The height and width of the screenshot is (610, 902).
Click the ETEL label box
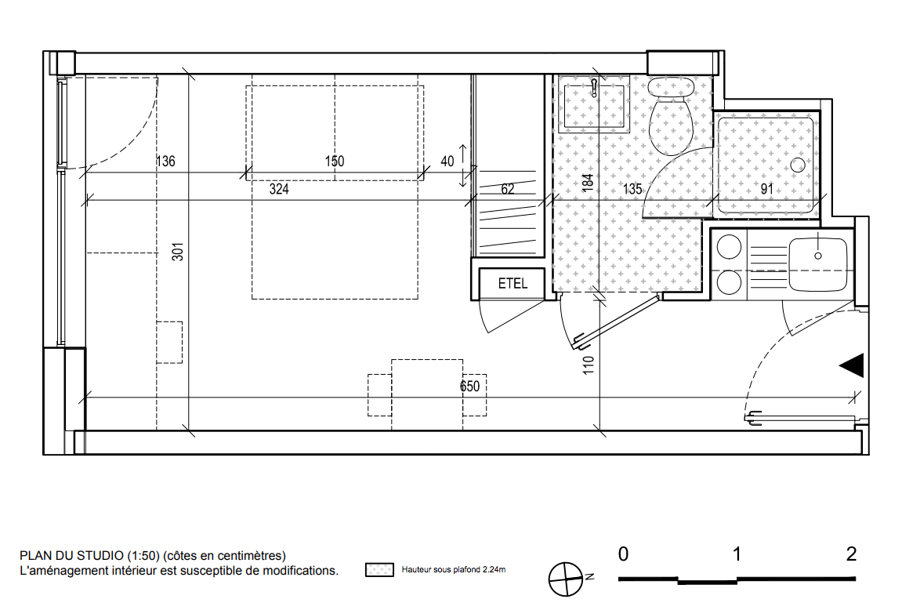click(512, 283)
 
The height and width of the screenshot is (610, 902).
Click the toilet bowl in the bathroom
click(670, 126)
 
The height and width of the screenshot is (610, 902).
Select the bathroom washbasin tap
click(594, 88)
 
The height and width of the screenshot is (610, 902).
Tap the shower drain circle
click(797, 165)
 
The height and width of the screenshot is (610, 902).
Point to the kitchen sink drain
click(818, 256)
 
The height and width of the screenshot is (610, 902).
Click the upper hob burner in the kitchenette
click(729, 248)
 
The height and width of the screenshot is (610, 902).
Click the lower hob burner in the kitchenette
click(729, 282)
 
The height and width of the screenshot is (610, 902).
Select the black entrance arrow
click(852, 365)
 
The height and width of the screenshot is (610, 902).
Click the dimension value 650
click(469, 386)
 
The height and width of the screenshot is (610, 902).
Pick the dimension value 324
click(279, 189)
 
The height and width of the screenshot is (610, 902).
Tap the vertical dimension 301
click(178, 252)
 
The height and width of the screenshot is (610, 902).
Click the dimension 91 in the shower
click(766, 189)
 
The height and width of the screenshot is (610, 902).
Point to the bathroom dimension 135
click(632, 189)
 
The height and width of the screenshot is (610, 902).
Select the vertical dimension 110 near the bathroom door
click(588, 365)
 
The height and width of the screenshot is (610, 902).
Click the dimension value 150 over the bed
click(334, 162)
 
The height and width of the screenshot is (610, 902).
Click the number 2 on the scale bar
click(851, 554)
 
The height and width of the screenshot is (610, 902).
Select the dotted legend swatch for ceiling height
click(379, 570)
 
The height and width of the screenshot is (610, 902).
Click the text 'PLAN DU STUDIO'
click(71, 556)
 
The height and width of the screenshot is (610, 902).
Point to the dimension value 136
click(165, 162)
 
